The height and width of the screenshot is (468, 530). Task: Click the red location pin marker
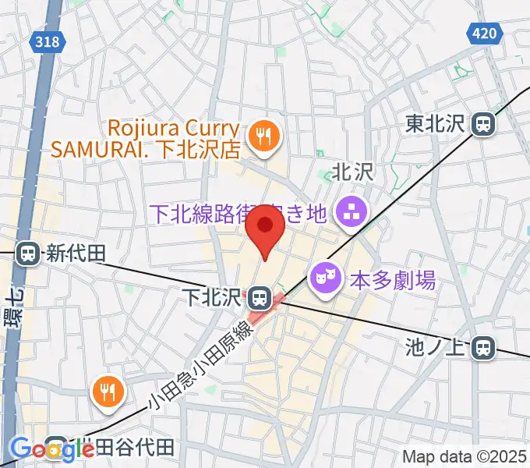pos(265,230)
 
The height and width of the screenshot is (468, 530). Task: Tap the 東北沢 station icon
pos(485,123)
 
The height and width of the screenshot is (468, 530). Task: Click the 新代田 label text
pos(76,253)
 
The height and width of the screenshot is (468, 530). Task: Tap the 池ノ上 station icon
pos(484,348)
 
